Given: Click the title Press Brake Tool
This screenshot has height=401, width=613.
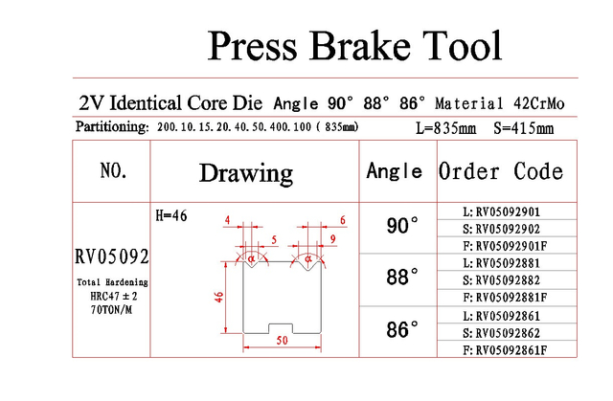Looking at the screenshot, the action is click(x=354, y=46).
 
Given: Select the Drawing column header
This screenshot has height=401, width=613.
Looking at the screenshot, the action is click(x=246, y=173).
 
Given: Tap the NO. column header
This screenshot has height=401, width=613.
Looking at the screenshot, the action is click(x=113, y=170).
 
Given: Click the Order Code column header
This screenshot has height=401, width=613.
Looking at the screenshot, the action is click(x=501, y=171).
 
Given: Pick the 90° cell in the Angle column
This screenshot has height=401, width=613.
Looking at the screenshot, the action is click(x=402, y=226).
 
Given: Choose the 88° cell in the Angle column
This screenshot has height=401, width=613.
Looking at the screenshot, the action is click(x=402, y=278).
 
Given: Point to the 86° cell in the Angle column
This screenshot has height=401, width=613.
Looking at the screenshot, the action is click(x=402, y=329).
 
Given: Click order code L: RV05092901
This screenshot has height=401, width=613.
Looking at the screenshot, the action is click(x=502, y=212).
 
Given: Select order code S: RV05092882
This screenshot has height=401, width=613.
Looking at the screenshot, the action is click(x=502, y=280).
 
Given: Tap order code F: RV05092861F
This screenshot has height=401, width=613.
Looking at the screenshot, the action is click(x=505, y=350).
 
